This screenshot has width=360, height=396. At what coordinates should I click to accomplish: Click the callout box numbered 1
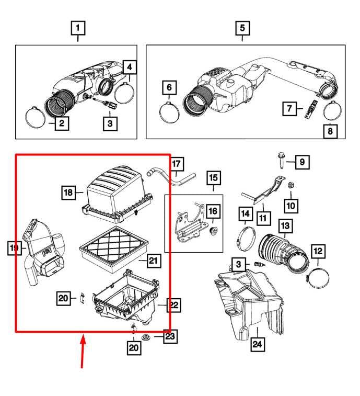78,27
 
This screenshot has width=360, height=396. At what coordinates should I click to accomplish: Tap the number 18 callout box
68,193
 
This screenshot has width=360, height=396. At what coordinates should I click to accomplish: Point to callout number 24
257,345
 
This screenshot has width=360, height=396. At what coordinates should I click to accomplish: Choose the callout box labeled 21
152,260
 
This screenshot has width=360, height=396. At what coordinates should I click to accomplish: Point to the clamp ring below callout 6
170,111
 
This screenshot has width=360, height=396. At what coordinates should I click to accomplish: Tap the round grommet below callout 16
213,231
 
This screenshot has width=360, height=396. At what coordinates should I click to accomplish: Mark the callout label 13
285,225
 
